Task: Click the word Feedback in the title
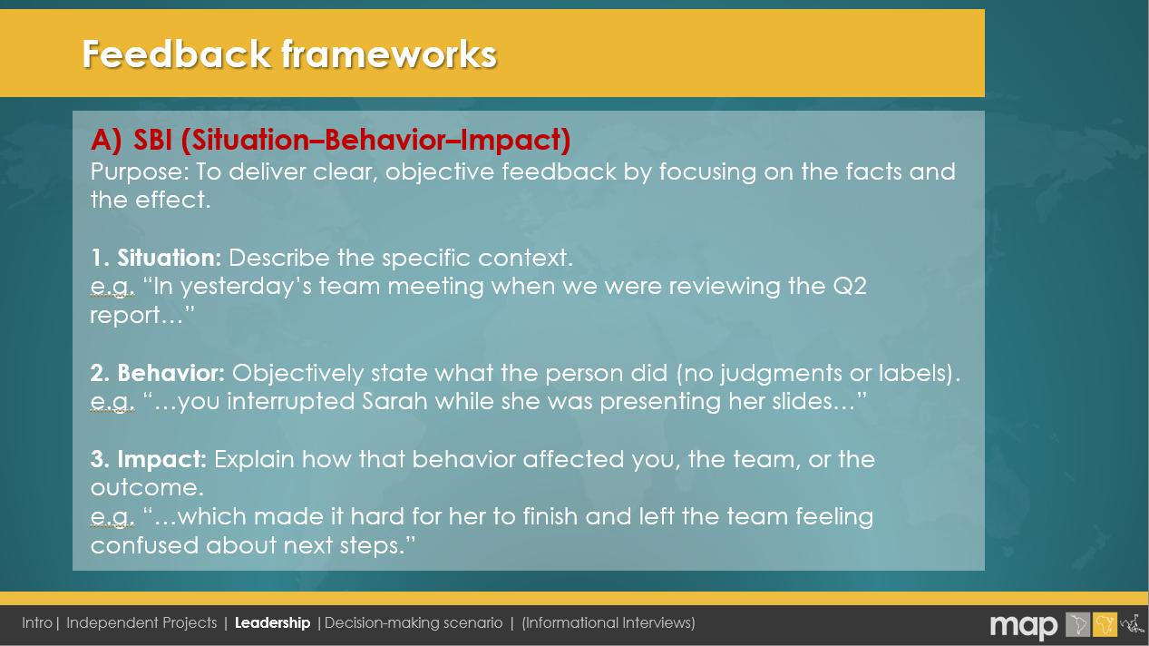point(177,54)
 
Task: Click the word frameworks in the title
point(389,54)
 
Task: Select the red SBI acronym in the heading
point(152,140)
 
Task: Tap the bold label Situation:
point(170,258)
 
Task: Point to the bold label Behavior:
point(171,373)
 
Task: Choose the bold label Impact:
point(162,459)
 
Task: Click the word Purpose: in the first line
point(140,172)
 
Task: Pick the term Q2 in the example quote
point(850,287)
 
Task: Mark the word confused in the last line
point(145,545)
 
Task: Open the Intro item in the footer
point(37,623)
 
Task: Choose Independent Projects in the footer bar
point(141,623)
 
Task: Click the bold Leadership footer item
point(272,623)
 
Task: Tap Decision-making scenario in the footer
point(414,623)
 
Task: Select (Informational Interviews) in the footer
point(609,623)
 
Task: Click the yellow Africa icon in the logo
point(1105,625)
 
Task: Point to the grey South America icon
point(1077,625)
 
